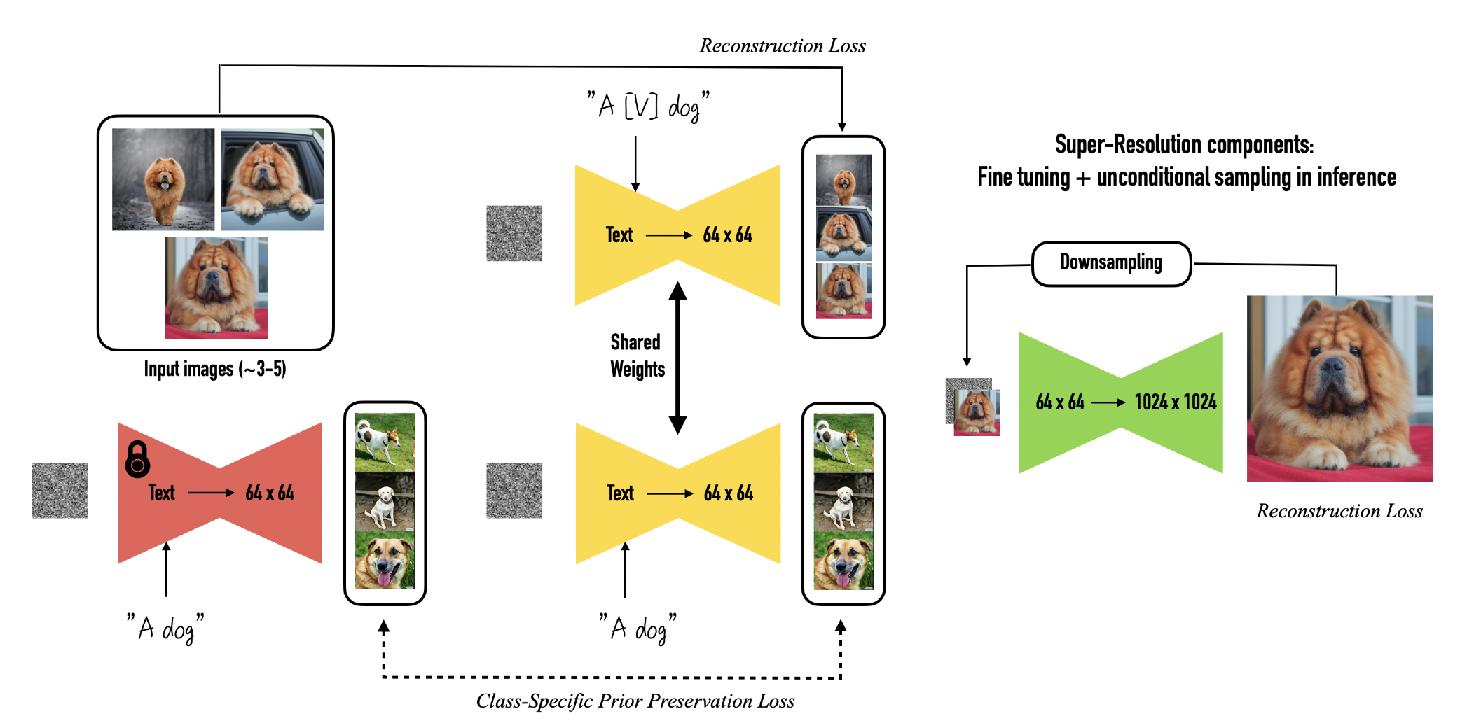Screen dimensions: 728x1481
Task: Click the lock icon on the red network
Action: [x=137, y=460]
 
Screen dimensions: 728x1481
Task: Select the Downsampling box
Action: [x=1111, y=263]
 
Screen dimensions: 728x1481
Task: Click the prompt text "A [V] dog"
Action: [x=647, y=106]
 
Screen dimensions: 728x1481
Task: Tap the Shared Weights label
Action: [x=636, y=356]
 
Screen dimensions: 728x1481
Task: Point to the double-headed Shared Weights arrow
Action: [x=677, y=357]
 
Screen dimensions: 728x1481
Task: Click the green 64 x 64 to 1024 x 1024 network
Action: [x=1121, y=402]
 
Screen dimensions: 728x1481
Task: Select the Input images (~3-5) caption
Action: [x=214, y=369]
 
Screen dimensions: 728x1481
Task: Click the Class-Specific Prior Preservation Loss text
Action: [x=635, y=701]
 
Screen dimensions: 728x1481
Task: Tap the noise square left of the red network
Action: [x=60, y=490]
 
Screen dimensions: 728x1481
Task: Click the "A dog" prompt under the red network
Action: [x=165, y=628]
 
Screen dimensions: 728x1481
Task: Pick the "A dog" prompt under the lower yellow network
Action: [x=638, y=628]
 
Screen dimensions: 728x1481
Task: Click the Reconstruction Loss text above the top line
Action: [x=782, y=46]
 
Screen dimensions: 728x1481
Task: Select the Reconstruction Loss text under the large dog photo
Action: [x=1339, y=511]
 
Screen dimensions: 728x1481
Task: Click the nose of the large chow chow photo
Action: [x=1332, y=366]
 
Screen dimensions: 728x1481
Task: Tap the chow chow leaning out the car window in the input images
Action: [x=272, y=179]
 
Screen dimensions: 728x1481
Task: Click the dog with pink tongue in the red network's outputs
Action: [x=384, y=560]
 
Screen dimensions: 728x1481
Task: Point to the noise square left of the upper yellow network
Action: [x=514, y=233]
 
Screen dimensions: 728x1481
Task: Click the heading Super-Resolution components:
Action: [x=1184, y=145]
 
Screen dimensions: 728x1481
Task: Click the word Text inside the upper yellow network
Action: [x=619, y=235]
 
